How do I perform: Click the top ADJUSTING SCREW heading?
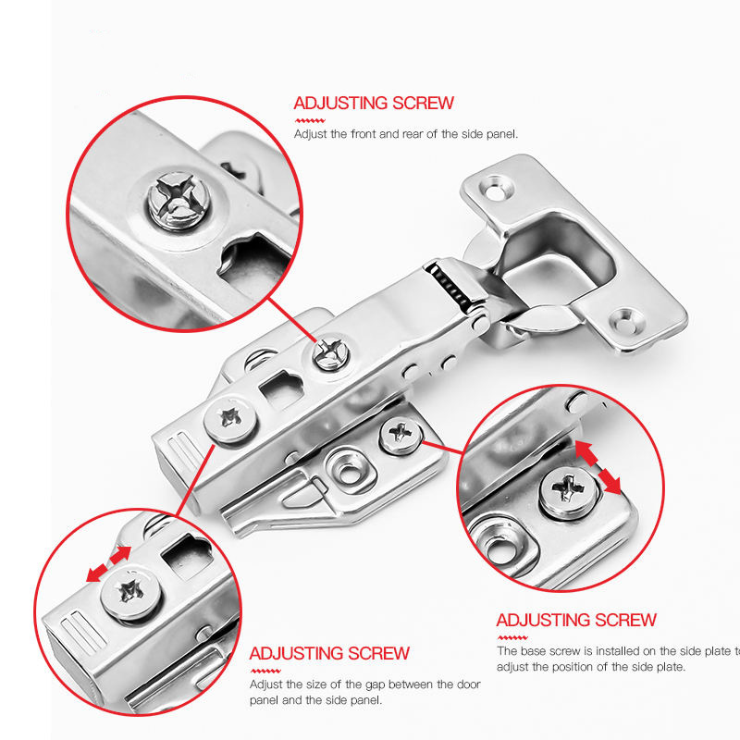pos(374,103)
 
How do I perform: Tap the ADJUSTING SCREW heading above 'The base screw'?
pos(576,620)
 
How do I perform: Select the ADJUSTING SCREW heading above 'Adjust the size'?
pos(329,653)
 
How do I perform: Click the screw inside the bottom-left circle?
pos(131,592)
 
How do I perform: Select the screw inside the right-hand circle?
pos(568,492)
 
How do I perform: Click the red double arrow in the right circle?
pos(598,468)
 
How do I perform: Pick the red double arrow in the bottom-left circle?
pos(108,563)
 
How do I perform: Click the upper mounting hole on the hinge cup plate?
pos(494,190)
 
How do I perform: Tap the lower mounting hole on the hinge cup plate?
pos(626,322)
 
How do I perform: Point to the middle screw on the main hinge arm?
pos(332,351)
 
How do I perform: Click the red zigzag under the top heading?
pos(310,121)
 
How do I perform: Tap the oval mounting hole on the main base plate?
pos(350,472)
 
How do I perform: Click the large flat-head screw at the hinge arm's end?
pos(230,419)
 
